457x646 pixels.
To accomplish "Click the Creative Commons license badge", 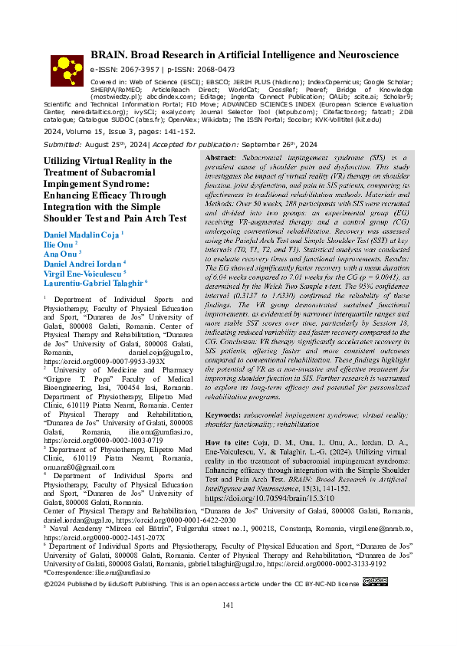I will click(376, 583).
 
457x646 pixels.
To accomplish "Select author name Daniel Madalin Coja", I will click(81, 233).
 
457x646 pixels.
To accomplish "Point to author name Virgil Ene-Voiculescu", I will click(82, 273).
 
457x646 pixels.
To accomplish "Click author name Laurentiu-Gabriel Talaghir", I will click(92, 283).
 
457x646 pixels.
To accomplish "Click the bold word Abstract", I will click(220, 156).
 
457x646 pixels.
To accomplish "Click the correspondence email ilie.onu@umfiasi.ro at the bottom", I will click(122, 572).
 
